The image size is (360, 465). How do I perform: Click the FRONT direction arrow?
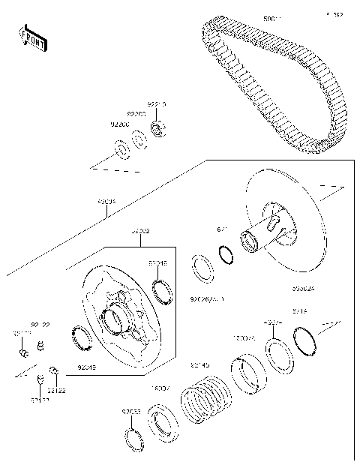(x=32, y=39)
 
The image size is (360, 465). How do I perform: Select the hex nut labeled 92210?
(x=158, y=129)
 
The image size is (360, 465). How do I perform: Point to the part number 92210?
(x=156, y=105)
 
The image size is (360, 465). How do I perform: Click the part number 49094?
(x=107, y=202)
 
